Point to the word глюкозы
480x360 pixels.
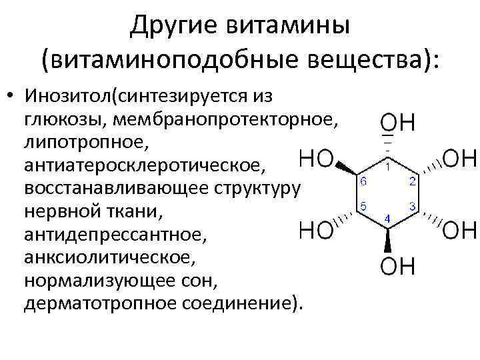[x=65, y=119]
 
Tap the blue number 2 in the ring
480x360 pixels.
[x=414, y=181]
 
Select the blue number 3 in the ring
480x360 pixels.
[x=414, y=207]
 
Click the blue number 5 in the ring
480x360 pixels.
[x=363, y=207]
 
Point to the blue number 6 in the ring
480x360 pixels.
[x=363, y=181]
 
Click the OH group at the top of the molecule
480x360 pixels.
[x=398, y=123]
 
